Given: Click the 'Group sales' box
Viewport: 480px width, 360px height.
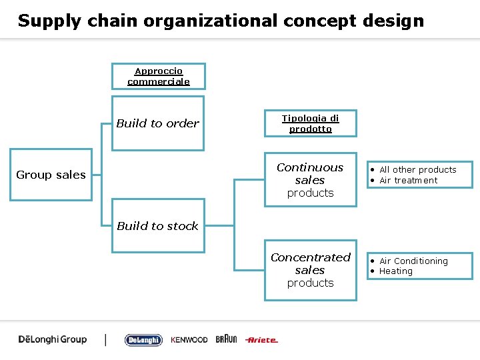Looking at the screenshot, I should tap(51, 175).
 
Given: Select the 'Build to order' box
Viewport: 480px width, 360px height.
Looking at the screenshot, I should tap(158, 123).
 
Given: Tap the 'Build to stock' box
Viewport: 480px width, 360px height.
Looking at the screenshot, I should tap(158, 226).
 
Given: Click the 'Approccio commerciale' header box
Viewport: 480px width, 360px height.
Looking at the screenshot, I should tap(159, 76).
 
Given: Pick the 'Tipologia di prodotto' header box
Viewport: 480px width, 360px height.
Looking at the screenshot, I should tap(311, 123).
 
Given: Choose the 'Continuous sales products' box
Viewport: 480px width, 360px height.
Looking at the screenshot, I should tap(310, 180).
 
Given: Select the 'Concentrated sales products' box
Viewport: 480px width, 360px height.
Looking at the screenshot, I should tap(310, 270).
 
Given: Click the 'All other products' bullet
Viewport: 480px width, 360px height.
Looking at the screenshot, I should tap(417, 170).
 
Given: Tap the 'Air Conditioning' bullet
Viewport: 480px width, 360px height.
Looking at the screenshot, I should tap(413, 261).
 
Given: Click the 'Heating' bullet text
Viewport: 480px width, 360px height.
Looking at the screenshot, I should tap(396, 271).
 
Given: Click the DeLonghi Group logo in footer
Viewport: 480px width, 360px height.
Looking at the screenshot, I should tap(53, 339).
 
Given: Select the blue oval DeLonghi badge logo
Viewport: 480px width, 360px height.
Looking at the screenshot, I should tap(143, 340).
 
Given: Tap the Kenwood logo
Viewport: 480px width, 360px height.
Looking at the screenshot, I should tap(189, 340).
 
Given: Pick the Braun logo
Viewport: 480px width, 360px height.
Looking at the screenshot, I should tap(226, 339).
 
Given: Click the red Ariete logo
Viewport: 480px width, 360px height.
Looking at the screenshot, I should tap(261, 340).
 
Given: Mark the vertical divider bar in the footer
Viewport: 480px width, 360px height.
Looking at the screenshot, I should tap(105, 339).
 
